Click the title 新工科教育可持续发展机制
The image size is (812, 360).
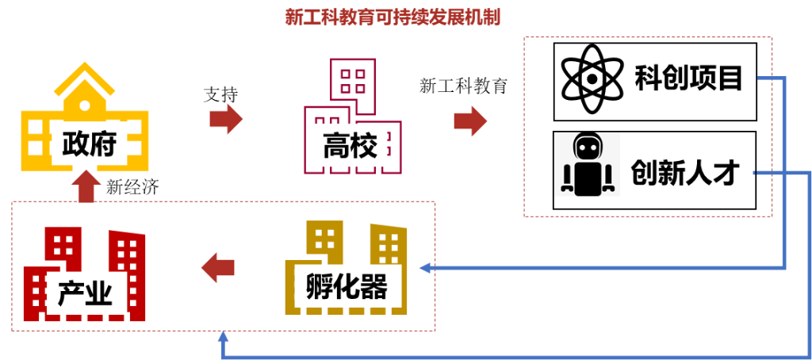coord(393,17)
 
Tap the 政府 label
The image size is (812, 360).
coord(89,144)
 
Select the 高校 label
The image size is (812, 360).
coord(350,145)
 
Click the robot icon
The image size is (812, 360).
coord(587,164)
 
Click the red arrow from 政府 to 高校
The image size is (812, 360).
coord(226,119)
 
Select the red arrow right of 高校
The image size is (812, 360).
coord(470,121)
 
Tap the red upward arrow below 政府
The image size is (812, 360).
coord(86,186)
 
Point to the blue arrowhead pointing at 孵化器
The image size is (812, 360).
coord(424,268)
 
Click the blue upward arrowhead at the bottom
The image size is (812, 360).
coord(224,336)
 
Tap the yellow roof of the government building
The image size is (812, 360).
coord(84,82)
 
